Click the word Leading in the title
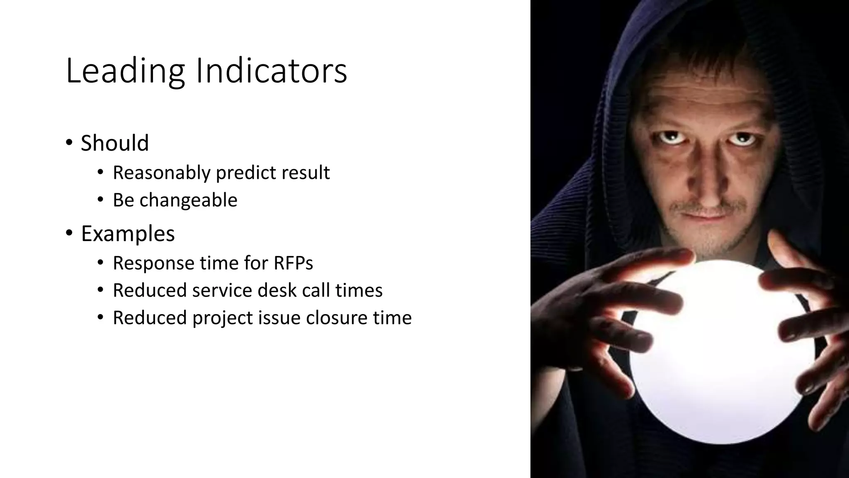pos(125,71)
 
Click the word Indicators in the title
pos(271,71)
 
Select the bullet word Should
pos(115,143)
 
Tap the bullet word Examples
pos(128,234)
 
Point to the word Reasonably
pos(161,173)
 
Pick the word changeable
pos(188,200)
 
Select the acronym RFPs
pos(293,263)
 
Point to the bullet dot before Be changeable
pos(100,200)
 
